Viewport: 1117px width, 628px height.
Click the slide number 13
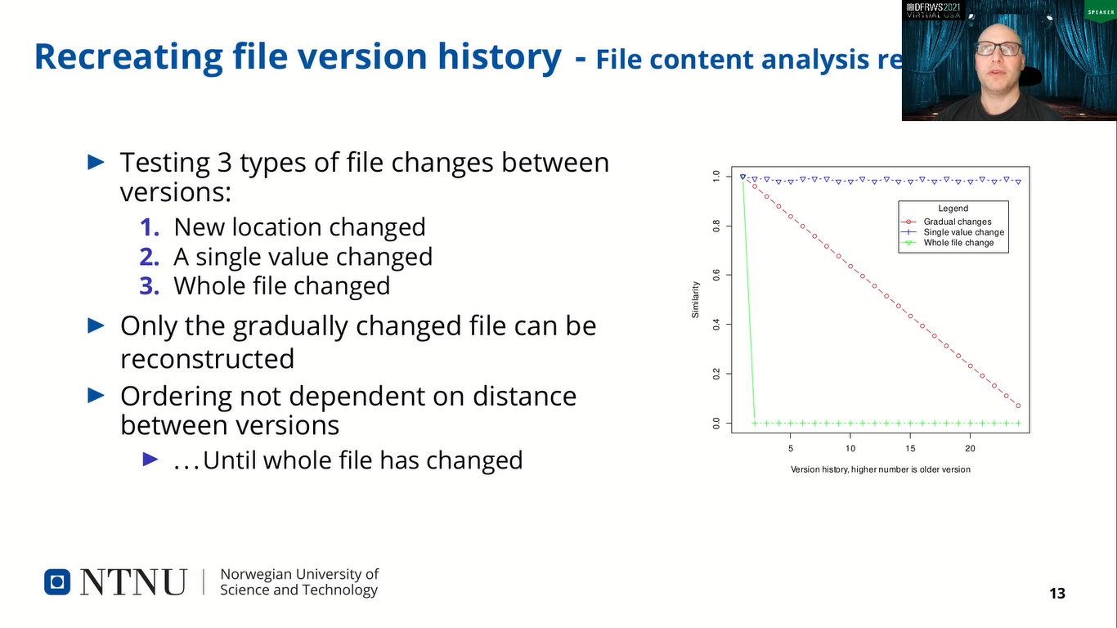click(1057, 594)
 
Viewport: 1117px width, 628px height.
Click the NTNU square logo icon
click(57, 581)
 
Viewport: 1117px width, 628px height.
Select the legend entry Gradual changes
click(957, 222)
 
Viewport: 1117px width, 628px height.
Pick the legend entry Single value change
click(963, 232)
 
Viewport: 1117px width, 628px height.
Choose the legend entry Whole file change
click(958, 243)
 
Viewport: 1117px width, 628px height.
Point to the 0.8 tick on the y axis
click(716, 225)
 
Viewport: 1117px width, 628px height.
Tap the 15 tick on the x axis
click(910, 448)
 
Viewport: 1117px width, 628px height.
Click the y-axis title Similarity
click(696, 299)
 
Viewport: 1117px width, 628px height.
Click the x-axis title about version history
click(880, 469)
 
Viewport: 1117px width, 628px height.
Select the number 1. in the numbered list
click(149, 227)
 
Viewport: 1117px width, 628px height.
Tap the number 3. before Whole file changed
click(149, 286)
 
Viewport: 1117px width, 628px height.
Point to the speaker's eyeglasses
click(998, 49)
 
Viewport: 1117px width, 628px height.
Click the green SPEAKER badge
click(1100, 11)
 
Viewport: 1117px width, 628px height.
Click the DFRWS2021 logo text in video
click(933, 7)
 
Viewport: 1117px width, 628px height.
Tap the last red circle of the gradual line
click(1018, 406)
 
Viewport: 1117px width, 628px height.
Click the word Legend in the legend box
click(953, 209)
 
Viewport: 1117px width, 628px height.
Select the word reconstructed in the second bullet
click(207, 359)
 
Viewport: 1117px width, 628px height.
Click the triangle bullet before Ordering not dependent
click(96, 396)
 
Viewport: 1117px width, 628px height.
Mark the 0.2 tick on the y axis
click(716, 374)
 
